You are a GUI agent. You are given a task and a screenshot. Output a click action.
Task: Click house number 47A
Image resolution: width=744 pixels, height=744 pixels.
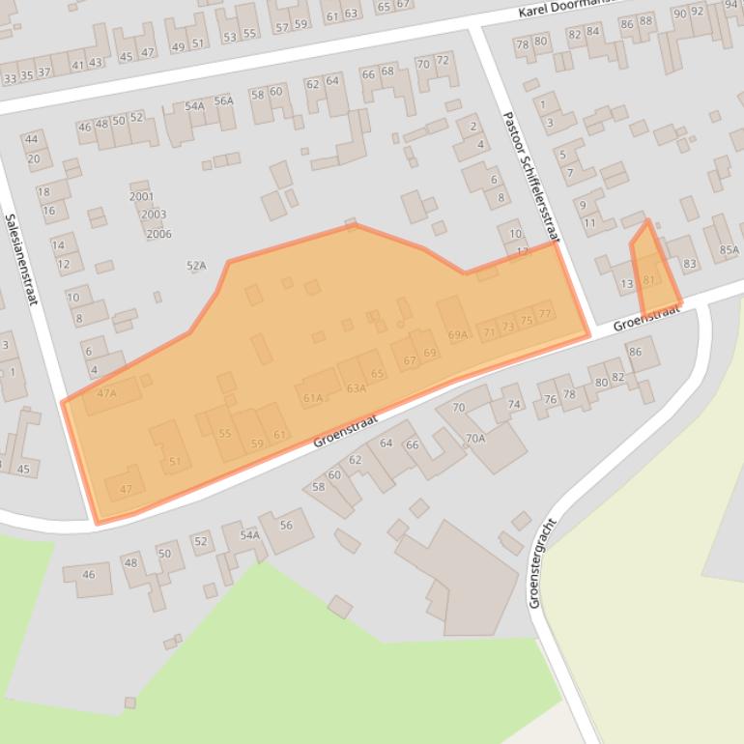(106, 393)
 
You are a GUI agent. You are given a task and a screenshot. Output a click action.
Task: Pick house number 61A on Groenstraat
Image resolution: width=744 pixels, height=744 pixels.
(312, 397)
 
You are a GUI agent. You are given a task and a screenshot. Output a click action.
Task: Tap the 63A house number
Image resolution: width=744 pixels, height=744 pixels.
(356, 388)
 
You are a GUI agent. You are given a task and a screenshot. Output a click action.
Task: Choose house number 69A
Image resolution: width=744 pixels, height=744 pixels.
(458, 335)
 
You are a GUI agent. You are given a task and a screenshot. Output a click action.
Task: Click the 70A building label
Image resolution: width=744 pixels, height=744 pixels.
(474, 439)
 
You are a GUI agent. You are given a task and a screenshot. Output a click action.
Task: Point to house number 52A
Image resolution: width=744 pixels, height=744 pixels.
(196, 265)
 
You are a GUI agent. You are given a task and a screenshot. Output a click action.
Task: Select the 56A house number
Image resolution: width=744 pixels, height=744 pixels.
(223, 100)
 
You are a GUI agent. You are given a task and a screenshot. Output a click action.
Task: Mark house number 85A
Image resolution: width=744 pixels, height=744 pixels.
(729, 250)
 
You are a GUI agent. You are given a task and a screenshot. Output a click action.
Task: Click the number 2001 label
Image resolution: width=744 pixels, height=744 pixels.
(141, 196)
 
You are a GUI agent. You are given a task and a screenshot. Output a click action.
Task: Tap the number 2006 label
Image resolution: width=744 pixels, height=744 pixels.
(158, 234)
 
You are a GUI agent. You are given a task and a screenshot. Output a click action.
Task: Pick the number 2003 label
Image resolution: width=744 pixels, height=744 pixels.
(153, 215)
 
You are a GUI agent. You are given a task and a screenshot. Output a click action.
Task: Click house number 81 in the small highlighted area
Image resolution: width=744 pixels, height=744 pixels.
(648, 280)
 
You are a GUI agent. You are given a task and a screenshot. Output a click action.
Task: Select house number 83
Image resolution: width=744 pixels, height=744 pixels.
(689, 264)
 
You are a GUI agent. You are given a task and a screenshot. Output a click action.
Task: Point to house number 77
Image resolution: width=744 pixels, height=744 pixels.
(545, 313)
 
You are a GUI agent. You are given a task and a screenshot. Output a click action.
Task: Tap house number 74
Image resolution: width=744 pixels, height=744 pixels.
(514, 404)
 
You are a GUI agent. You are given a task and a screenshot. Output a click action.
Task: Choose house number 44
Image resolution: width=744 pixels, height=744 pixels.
(33, 140)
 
